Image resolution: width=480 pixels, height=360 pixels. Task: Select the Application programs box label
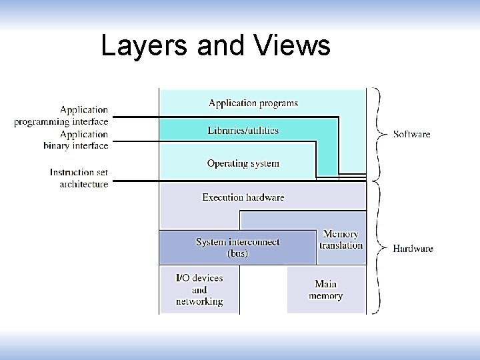(x=253, y=103)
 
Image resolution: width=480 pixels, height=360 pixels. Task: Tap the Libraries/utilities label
(x=243, y=130)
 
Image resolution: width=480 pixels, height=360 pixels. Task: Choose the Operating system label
(x=243, y=163)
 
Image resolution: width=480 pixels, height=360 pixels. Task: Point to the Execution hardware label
(x=243, y=197)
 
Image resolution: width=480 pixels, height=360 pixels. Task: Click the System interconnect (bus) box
(x=237, y=247)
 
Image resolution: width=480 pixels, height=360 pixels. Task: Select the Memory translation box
(x=341, y=239)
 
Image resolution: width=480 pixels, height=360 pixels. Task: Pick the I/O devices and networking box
(x=199, y=289)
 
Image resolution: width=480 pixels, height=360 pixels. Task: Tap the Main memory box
(x=325, y=290)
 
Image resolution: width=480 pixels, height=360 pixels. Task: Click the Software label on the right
(x=411, y=135)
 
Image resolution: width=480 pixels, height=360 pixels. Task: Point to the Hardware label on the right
(x=413, y=249)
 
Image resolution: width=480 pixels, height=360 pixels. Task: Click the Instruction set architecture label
(x=79, y=178)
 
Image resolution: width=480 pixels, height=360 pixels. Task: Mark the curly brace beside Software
(x=379, y=133)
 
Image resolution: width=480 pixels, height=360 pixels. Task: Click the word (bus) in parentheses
(x=237, y=253)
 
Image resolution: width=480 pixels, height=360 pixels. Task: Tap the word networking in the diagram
(x=199, y=301)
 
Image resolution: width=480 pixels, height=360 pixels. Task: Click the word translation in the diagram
(x=341, y=245)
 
